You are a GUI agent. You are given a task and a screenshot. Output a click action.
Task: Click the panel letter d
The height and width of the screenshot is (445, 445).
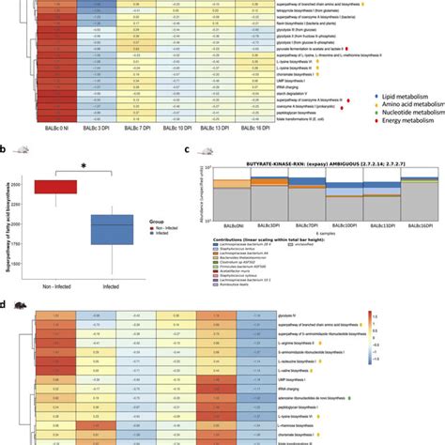[x=5, y=304]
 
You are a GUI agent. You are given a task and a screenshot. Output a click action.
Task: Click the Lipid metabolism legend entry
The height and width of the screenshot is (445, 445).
[x=408, y=96]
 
